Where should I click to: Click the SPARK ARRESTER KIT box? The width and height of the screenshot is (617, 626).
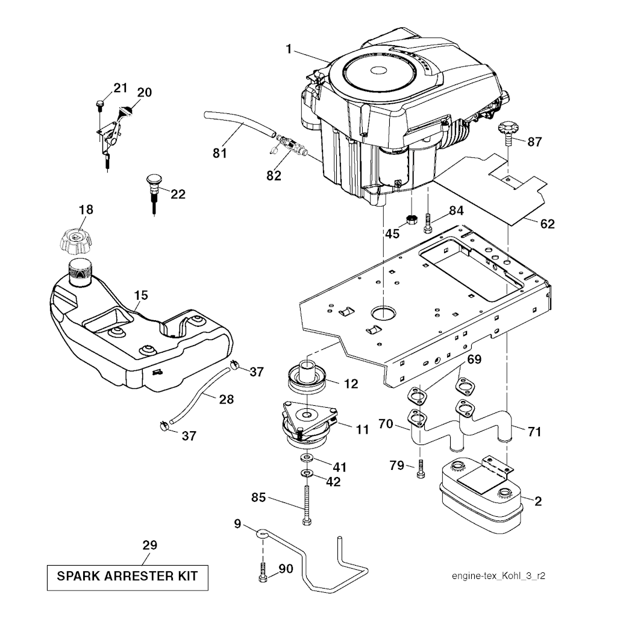pos(127,576)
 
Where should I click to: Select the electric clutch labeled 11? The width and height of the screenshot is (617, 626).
pos(308,425)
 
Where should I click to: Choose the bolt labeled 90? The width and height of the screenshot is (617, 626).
pos(263,571)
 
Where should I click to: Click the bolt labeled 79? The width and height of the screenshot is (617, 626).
pos(420,469)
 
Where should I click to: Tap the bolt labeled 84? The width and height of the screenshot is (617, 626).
pos(428,224)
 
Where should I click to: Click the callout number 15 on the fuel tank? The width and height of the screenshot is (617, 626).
pos(140,296)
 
